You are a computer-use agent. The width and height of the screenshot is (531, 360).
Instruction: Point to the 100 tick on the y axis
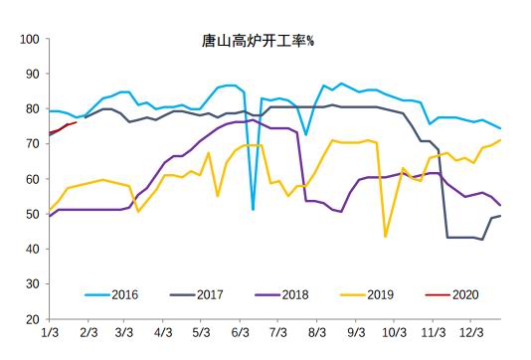[x=28, y=40]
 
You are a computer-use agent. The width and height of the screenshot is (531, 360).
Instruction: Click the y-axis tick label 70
[x=31, y=144]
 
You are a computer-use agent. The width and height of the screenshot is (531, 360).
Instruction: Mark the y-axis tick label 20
[x=31, y=319]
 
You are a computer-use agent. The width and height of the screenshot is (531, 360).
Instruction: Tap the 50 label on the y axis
[x=31, y=214]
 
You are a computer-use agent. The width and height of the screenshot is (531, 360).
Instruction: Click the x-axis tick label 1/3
[x=50, y=333]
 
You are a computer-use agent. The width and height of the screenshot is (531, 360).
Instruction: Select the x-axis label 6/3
[x=239, y=333]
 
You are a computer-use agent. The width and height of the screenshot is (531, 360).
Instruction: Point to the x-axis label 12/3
[x=469, y=333]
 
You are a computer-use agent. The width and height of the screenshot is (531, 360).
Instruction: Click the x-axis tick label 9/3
[x=355, y=333]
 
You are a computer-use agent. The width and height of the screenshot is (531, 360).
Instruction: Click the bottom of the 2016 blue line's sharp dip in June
[x=254, y=209]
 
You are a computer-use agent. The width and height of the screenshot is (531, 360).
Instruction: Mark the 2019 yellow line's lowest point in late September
[x=386, y=236]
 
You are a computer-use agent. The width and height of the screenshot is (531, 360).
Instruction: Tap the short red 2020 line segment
[x=64, y=127]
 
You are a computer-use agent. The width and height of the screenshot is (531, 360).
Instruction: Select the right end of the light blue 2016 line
[x=499, y=128]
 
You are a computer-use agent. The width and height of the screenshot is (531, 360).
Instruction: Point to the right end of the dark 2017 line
[x=499, y=216]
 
